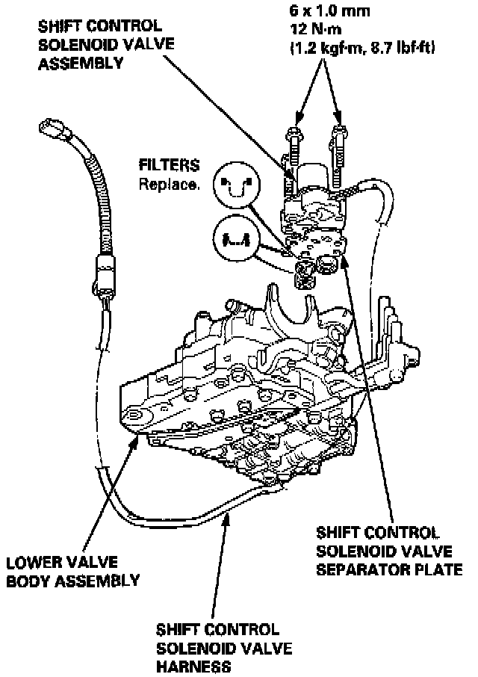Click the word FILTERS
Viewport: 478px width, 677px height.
click(x=170, y=164)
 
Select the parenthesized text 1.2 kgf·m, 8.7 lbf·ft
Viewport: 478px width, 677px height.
click(x=362, y=49)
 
